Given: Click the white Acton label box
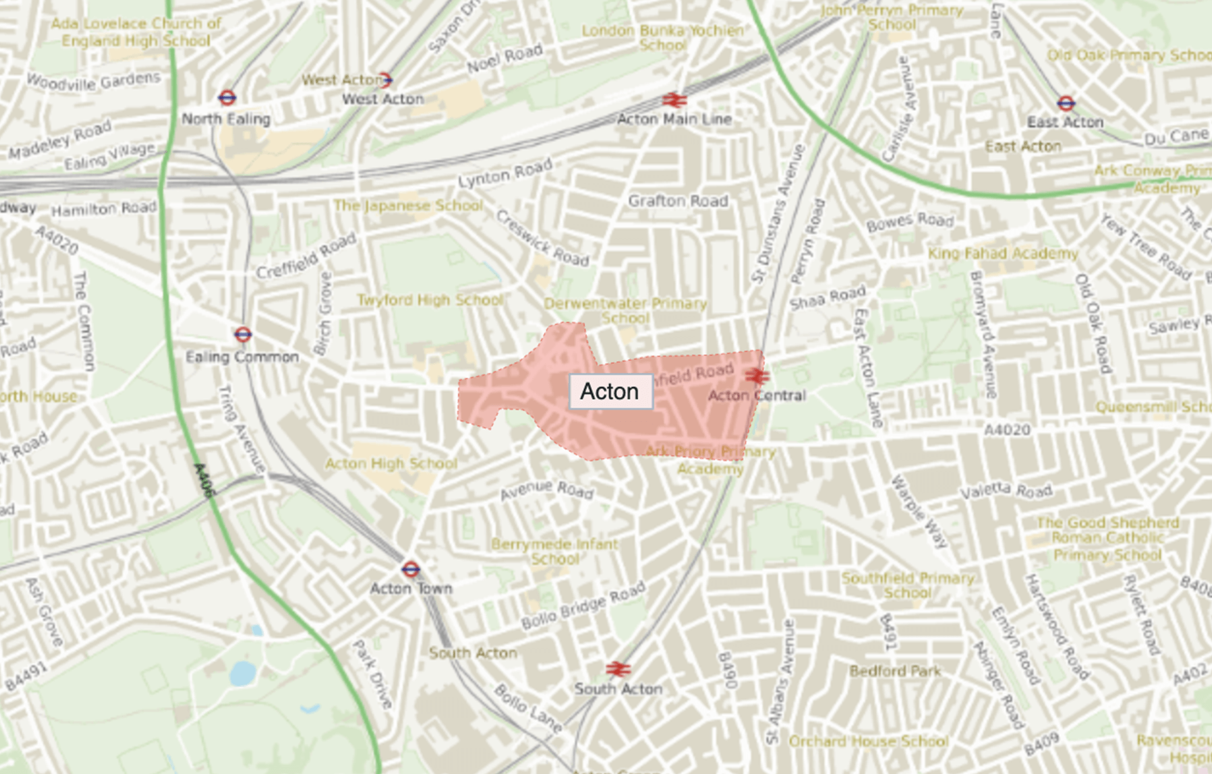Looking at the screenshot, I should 611,392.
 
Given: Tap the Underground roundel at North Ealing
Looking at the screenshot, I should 227,98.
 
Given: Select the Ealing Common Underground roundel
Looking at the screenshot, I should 242,334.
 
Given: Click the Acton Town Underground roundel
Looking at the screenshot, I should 411,569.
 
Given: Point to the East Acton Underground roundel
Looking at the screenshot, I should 1066,103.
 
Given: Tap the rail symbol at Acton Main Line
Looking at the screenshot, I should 674,100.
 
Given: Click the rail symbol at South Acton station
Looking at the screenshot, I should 618,670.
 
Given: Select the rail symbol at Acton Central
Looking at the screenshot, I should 757,375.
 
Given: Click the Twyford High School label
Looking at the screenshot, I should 430,301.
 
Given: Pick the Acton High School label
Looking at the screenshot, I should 391,464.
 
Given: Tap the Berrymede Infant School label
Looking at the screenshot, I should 554,551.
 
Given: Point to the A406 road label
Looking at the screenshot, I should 204,480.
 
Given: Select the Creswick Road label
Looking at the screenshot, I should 542,239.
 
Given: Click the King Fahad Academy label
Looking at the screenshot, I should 1002,253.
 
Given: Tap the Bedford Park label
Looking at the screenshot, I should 895,671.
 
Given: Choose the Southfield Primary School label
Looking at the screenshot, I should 907,585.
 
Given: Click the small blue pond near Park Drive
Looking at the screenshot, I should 243,673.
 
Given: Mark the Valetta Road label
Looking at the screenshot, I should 1006,491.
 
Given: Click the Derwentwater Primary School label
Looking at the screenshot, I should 625,310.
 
